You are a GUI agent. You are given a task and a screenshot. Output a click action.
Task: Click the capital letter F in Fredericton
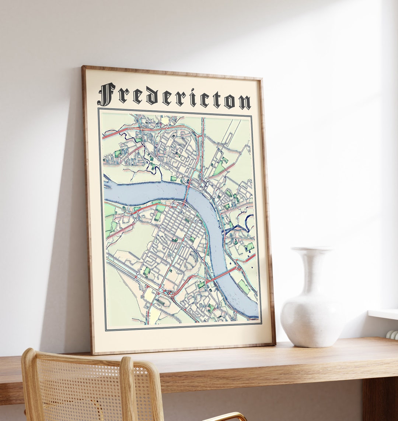tap(106, 94)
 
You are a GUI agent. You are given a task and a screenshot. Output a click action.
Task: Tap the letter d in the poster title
tap(151, 97)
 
